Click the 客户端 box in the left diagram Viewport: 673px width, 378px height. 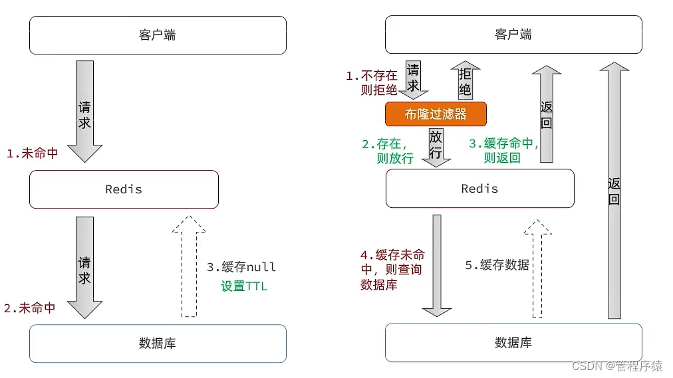[x=158, y=35]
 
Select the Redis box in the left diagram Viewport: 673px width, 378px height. [x=124, y=189]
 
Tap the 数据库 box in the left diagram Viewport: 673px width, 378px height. [x=158, y=343]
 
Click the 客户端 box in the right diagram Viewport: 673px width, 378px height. [x=513, y=35]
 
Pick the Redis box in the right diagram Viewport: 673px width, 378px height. [x=480, y=189]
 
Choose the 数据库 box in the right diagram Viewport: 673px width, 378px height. [x=513, y=343]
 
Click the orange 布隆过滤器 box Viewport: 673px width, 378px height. [x=436, y=114]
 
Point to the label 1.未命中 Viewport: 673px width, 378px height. [x=32, y=153]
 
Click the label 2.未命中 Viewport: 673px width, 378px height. [x=29, y=308]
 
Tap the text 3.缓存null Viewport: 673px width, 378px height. [x=241, y=267]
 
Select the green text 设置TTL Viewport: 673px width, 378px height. [x=244, y=287]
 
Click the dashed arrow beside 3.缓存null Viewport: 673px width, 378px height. [x=189, y=266]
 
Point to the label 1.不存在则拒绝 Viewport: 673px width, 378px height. [x=372, y=83]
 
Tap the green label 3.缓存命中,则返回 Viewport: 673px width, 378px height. [x=503, y=151]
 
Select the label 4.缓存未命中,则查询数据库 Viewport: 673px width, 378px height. [x=392, y=270]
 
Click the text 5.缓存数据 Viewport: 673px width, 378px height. [x=497, y=265]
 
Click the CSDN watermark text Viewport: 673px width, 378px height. [x=616, y=366]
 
